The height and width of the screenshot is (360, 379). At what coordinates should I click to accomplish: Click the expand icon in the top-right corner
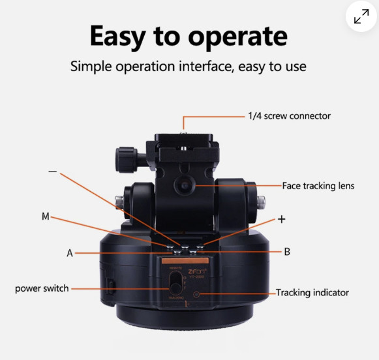(x=361, y=18)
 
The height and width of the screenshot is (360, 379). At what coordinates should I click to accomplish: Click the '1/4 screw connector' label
(x=289, y=116)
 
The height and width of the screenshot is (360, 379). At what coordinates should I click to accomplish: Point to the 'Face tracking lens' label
(x=318, y=186)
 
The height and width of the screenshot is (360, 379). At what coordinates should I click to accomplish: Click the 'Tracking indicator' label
(x=312, y=293)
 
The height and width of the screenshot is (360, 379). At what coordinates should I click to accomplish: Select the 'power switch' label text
(x=41, y=288)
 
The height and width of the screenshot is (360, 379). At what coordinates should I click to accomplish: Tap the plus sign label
(x=282, y=220)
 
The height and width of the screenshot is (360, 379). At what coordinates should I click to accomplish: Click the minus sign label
(x=53, y=173)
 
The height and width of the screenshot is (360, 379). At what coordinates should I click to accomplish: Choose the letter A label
(x=70, y=253)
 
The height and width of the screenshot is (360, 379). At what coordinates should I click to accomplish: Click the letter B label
(x=287, y=251)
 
